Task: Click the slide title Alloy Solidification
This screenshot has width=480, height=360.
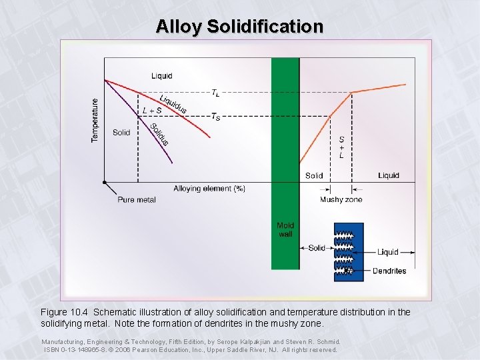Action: tap(239, 26)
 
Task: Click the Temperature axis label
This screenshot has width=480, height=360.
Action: tap(95, 121)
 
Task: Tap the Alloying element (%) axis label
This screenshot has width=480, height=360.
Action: tap(209, 189)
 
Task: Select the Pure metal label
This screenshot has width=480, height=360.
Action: tap(136, 199)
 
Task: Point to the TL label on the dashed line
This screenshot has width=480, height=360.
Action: tap(217, 93)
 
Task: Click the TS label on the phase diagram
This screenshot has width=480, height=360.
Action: tap(215, 117)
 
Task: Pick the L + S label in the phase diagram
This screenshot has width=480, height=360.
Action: tap(152, 110)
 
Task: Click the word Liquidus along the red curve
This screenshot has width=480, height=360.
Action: tap(173, 103)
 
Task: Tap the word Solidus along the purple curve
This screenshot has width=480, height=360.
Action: tap(159, 134)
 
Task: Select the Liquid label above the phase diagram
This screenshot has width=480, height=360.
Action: tap(161, 75)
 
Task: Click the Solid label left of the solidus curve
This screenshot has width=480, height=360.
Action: tap(121, 133)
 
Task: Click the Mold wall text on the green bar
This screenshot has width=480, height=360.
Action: tap(285, 230)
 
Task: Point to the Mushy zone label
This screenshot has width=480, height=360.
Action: tap(341, 199)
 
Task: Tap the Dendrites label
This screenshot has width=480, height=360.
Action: tap(389, 271)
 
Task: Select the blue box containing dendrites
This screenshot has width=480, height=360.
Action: tap(349, 252)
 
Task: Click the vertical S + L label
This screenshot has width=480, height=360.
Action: tap(341, 147)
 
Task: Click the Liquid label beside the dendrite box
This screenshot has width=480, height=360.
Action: tap(388, 251)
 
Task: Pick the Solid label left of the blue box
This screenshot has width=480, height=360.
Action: tap(317, 248)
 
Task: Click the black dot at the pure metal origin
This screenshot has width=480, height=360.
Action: tap(105, 181)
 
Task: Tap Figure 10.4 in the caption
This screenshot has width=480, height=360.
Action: tap(65, 312)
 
